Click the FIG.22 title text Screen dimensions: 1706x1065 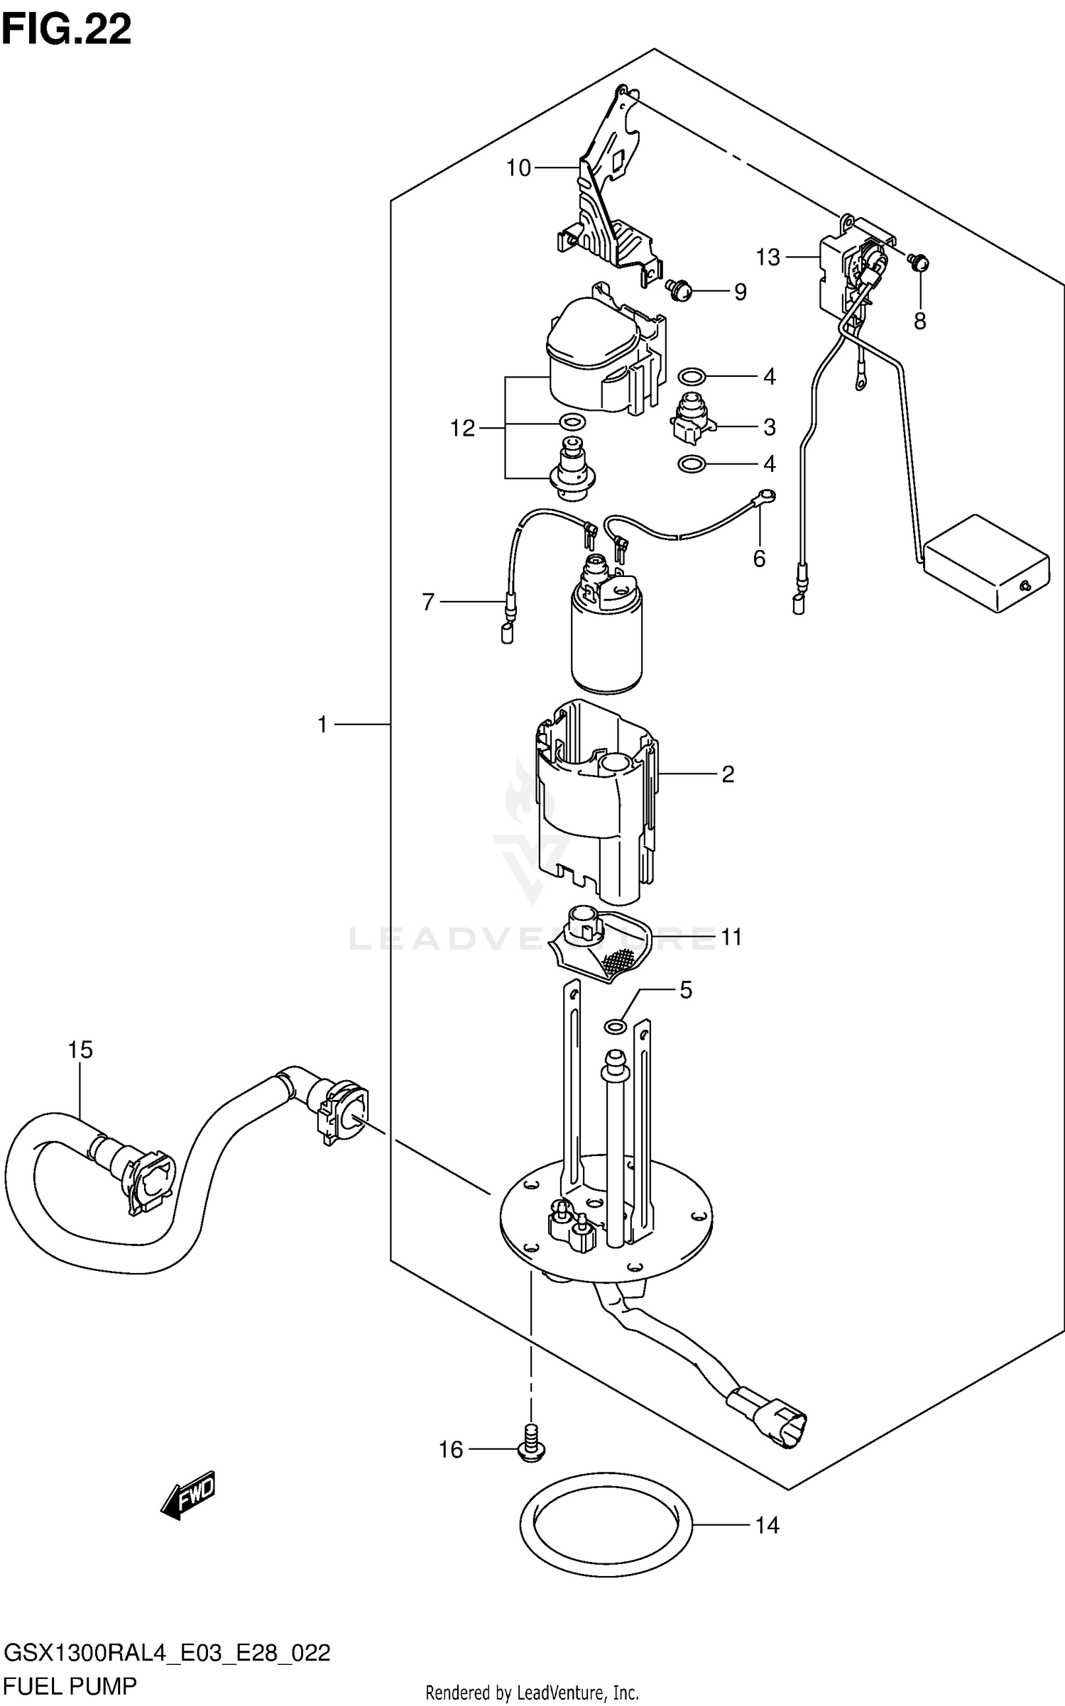(67, 30)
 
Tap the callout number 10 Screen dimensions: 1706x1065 (518, 168)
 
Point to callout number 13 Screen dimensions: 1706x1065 (768, 257)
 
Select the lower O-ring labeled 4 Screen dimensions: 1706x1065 (692, 464)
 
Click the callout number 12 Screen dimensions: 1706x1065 (462, 428)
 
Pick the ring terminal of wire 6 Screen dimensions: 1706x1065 (767, 496)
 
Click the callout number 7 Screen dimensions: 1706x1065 (428, 602)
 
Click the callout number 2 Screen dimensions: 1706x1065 (728, 774)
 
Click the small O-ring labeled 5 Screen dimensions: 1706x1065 (615, 1025)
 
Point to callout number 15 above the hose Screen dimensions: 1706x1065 (80, 1050)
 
